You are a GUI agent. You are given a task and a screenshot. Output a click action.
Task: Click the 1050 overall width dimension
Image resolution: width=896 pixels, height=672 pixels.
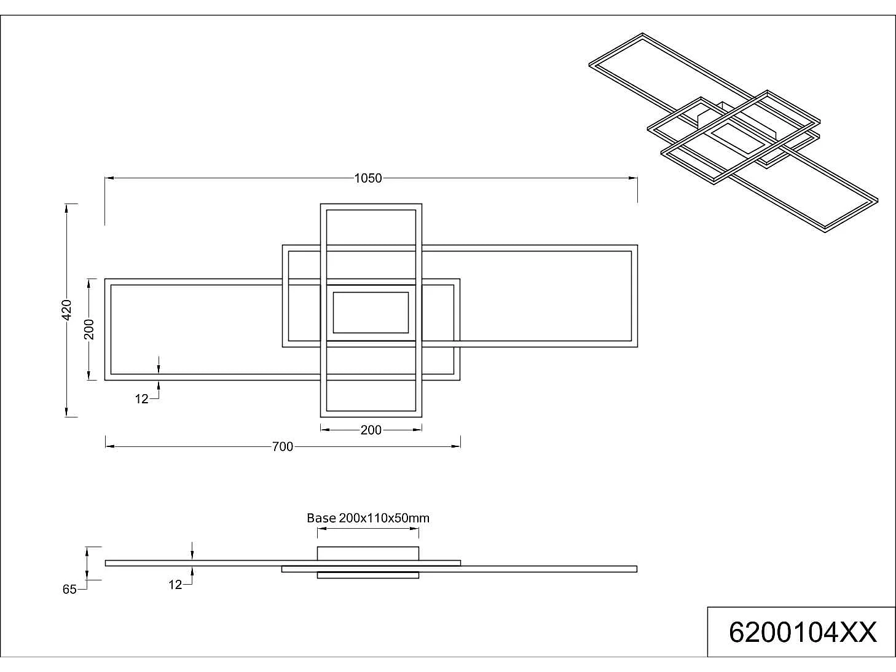[367, 178]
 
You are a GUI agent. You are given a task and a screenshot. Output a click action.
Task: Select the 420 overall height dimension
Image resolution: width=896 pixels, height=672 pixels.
[67, 309]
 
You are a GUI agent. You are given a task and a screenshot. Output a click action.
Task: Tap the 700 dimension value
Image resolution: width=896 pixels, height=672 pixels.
[283, 447]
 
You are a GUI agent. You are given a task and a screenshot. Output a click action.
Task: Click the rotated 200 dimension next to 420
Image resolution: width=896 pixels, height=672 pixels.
[90, 329]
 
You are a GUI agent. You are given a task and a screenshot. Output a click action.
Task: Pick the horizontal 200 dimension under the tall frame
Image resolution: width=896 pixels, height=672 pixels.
[371, 430]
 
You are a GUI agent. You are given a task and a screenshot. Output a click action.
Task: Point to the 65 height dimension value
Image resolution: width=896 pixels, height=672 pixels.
[69, 590]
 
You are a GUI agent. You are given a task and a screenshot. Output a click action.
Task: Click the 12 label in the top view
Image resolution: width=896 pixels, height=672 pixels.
[141, 399]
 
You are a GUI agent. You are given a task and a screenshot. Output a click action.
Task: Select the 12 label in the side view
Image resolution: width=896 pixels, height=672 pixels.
[175, 585]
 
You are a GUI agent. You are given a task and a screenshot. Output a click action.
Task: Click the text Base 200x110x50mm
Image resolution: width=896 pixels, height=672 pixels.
[368, 518]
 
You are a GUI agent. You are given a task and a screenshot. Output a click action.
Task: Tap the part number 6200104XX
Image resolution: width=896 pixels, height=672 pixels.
[802, 632]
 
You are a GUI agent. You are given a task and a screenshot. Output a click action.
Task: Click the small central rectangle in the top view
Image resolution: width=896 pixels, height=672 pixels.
[371, 312]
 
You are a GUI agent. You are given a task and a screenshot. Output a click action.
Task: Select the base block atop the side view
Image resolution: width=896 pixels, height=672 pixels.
[367, 553]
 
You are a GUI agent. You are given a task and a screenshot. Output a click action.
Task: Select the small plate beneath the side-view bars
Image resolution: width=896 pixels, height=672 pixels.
[367, 575]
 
